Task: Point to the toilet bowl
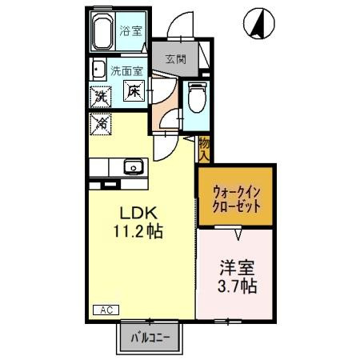pyautogui.click(x=195, y=101)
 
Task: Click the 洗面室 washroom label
pyautogui.click(x=126, y=69)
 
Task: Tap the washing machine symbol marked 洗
pyautogui.click(x=102, y=96)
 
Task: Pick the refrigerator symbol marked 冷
pyautogui.click(x=102, y=123)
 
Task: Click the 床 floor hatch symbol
pyautogui.click(x=134, y=92)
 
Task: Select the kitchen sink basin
pyautogui.click(x=132, y=168)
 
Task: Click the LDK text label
pyautogui.click(x=142, y=214)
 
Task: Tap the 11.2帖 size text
pyautogui.click(x=142, y=234)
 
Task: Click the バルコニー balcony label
pyautogui.click(x=151, y=338)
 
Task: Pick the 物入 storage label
pyautogui.click(x=204, y=149)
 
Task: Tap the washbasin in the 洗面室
pyautogui.click(x=99, y=69)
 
